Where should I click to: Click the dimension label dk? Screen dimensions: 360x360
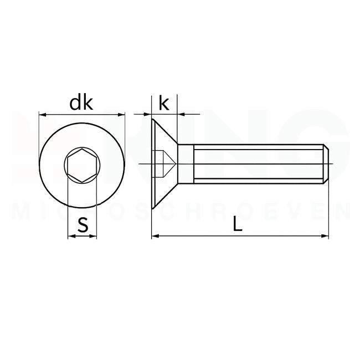[81, 103]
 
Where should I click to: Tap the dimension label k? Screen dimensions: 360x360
[163, 103]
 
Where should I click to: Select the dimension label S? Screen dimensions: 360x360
[83, 225]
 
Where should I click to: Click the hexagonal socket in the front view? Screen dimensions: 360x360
[81, 164]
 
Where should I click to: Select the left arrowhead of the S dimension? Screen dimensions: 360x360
[70, 237]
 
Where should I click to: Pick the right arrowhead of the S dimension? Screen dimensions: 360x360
[94, 237]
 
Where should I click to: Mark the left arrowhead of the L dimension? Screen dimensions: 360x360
[155, 236]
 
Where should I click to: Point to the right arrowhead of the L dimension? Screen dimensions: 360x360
[326, 236]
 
